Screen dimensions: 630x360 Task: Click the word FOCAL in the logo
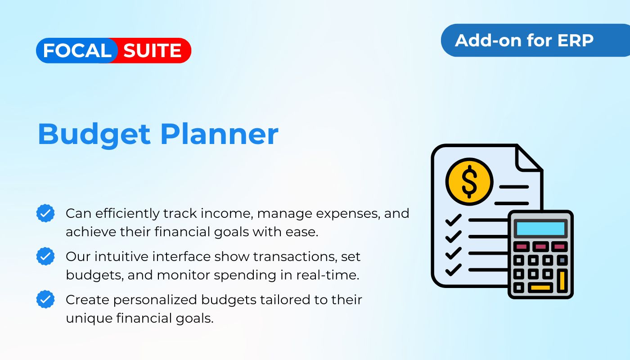(77, 50)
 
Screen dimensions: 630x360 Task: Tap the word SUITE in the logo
(153, 50)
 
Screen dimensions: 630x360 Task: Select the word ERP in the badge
(575, 40)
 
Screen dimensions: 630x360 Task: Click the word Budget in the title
(94, 135)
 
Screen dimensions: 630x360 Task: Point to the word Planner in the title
(220, 134)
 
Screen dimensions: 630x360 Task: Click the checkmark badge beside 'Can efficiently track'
(45, 213)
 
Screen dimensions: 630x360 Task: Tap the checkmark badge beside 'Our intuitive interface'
(45, 256)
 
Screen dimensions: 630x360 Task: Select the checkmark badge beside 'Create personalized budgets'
(45, 299)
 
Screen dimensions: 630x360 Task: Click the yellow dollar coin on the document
(469, 182)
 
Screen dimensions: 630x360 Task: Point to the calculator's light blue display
(540, 229)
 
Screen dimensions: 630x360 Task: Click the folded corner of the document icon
(528, 159)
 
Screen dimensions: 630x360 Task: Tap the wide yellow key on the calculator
(540, 288)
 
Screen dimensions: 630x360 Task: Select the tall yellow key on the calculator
(562, 281)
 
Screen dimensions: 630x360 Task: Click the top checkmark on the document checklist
(454, 220)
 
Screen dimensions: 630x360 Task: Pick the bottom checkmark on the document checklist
(454, 270)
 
